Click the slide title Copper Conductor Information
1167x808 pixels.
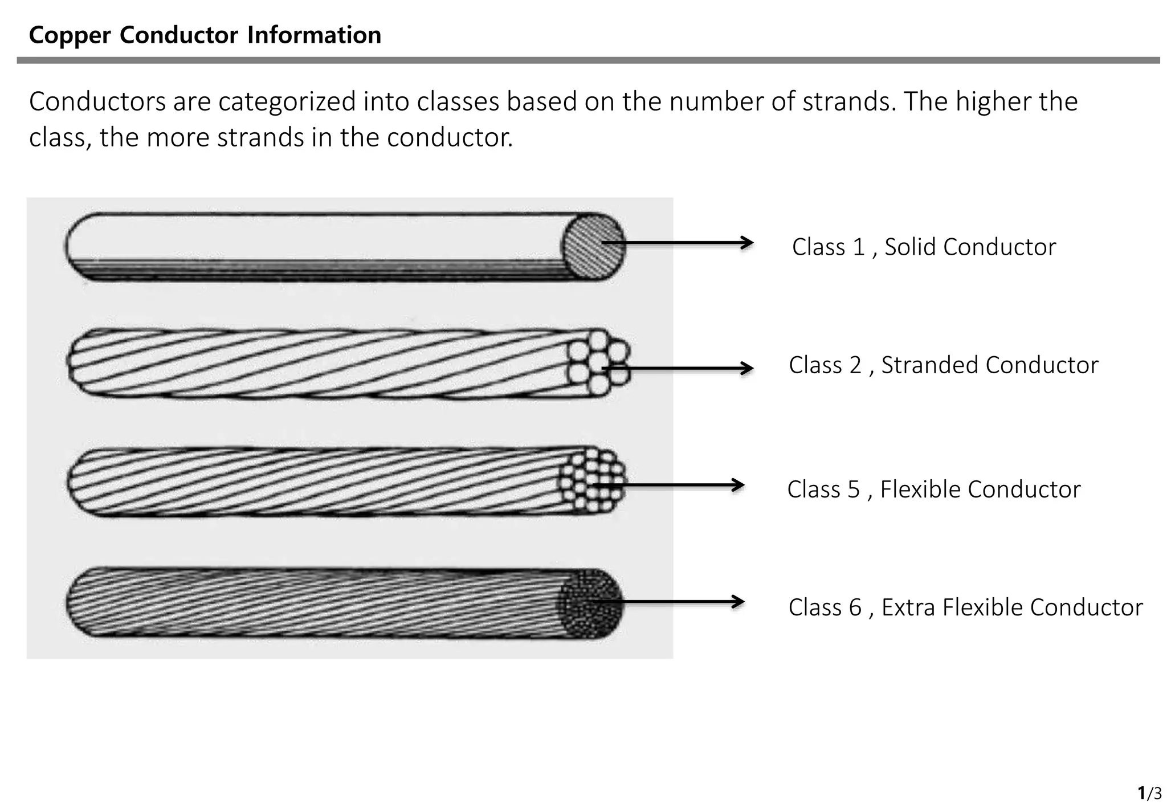[x=205, y=35]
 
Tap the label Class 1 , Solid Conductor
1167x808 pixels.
[x=923, y=247]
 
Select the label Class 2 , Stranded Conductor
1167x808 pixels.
[x=943, y=365]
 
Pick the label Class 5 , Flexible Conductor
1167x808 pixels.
[x=933, y=489]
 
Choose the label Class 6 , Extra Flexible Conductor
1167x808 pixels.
[x=965, y=607]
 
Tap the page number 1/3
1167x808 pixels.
[x=1149, y=793]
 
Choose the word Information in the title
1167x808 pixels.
[x=314, y=35]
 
